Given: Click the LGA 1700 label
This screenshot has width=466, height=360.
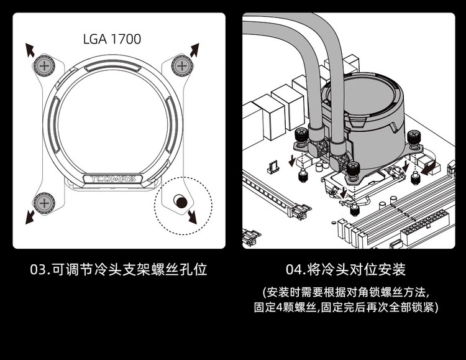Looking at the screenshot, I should pyautogui.click(x=112, y=39).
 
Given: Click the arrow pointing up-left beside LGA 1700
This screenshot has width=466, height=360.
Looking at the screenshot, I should pyautogui.click(x=29, y=49).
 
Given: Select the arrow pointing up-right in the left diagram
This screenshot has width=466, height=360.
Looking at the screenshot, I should pyautogui.click(x=194, y=50).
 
